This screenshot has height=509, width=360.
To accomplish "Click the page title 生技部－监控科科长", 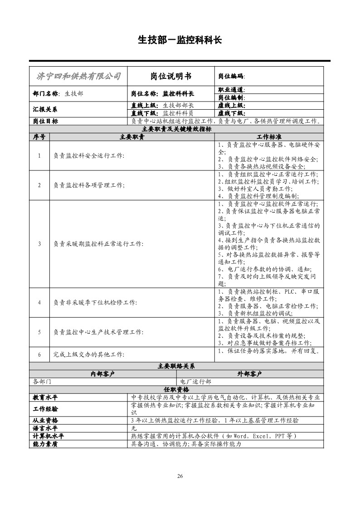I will pyautogui.click(x=180, y=40).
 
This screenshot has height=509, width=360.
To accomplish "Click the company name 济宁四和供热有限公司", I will pyautogui.click(x=78, y=76).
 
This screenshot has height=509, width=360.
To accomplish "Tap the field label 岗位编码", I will pyautogui.click(x=231, y=77).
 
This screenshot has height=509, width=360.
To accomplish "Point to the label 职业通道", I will pyautogui.click(x=231, y=90).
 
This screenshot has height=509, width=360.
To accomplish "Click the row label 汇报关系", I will pyautogui.click(x=45, y=110).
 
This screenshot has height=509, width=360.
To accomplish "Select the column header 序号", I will pyautogui.click(x=39, y=137).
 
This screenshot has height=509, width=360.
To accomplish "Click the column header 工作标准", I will pyautogui.click(x=269, y=137).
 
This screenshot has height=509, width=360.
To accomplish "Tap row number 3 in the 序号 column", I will pyautogui.click(x=39, y=244).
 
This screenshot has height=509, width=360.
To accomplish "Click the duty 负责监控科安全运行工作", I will pyautogui.click(x=88, y=156).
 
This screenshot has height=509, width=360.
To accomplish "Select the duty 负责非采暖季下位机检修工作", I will pyautogui.click(x=95, y=302).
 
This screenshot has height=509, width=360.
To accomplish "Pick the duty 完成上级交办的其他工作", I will pyautogui.click(x=88, y=354).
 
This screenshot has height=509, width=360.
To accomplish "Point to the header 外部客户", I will pyautogui.click(x=250, y=374).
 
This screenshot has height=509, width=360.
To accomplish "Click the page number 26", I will pyautogui.click(x=180, y=476).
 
